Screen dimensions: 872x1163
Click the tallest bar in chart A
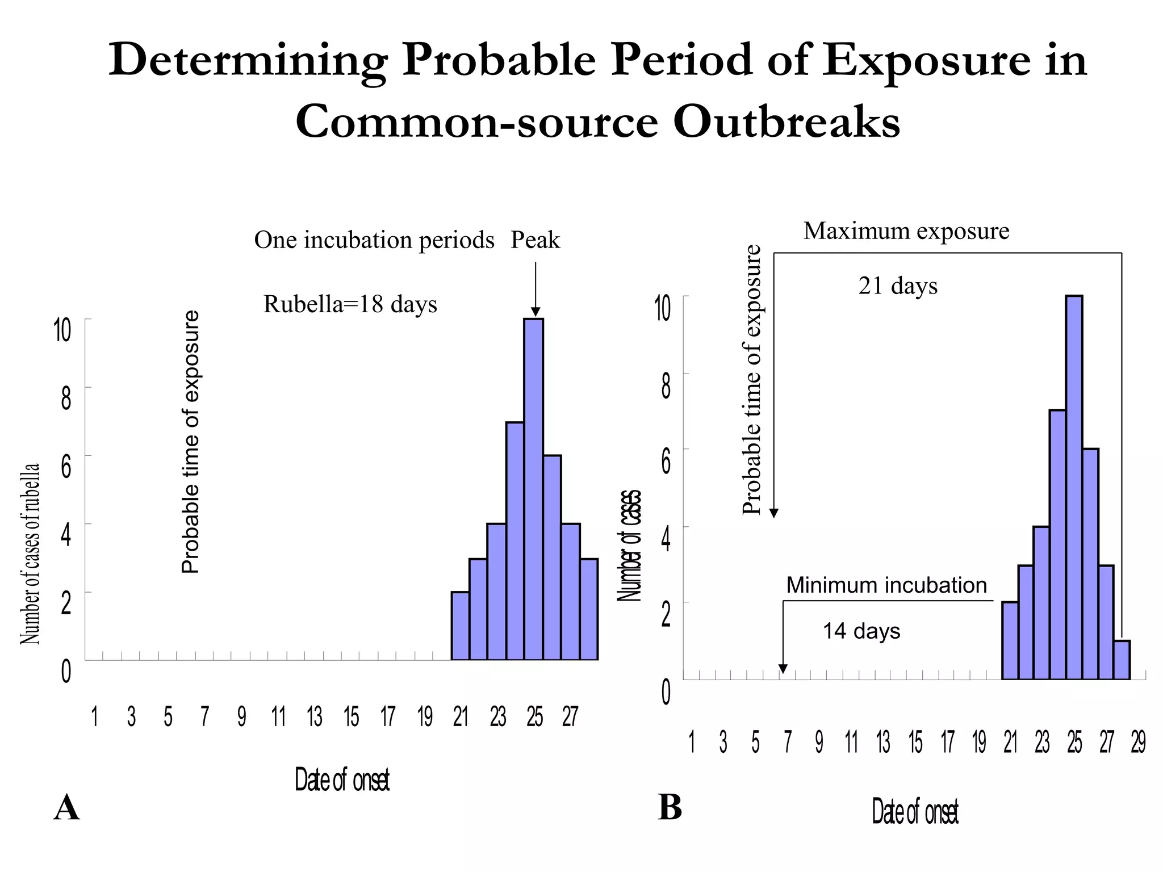pyautogui.click(x=533, y=488)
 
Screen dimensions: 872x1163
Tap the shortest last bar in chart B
pyautogui.click(x=1122, y=660)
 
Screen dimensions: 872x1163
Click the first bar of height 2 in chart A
pyautogui.click(x=460, y=626)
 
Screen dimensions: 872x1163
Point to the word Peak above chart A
pyautogui.click(x=535, y=240)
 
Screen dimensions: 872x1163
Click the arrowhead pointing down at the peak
pyautogui.click(x=536, y=312)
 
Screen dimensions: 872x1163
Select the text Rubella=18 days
pyautogui.click(x=350, y=305)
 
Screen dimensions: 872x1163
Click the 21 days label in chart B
pyautogui.click(x=898, y=286)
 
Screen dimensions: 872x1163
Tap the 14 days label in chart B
pyautogui.click(x=861, y=631)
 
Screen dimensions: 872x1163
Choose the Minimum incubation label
pyautogui.click(x=886, y=585)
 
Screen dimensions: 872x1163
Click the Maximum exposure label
pyautogui.click(x=906, y=231)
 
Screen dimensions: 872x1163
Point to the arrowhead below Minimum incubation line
pyautogui.click(x=783, y=669)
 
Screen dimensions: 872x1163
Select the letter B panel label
pyautogui.click(x=670, y=807)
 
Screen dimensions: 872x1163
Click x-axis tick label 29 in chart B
pyautogui.click(x=1138, y=743)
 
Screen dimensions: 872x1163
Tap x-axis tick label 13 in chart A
pyautogui.click(x=315, y=717)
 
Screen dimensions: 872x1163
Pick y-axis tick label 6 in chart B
pyautogui.click(x=666, y=462)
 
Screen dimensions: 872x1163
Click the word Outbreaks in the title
pyautogui.click(x=787, y=122)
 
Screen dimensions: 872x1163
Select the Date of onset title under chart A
pyautogui.click(x=342, y=780)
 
